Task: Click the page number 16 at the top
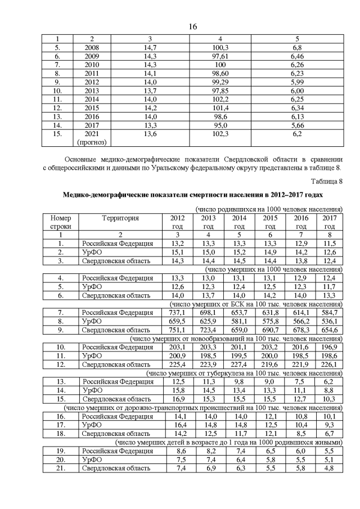point(192,26)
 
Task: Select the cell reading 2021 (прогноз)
point(92,138)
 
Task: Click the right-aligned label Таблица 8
point(326,181)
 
